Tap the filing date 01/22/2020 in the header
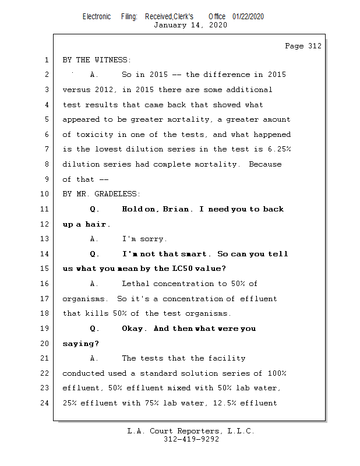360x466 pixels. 248,17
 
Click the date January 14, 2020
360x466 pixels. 190,25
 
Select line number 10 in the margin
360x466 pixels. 46,194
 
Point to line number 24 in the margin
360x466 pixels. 46,403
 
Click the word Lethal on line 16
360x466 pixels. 135,284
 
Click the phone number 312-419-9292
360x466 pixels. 191,439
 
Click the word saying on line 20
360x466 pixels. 79,344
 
